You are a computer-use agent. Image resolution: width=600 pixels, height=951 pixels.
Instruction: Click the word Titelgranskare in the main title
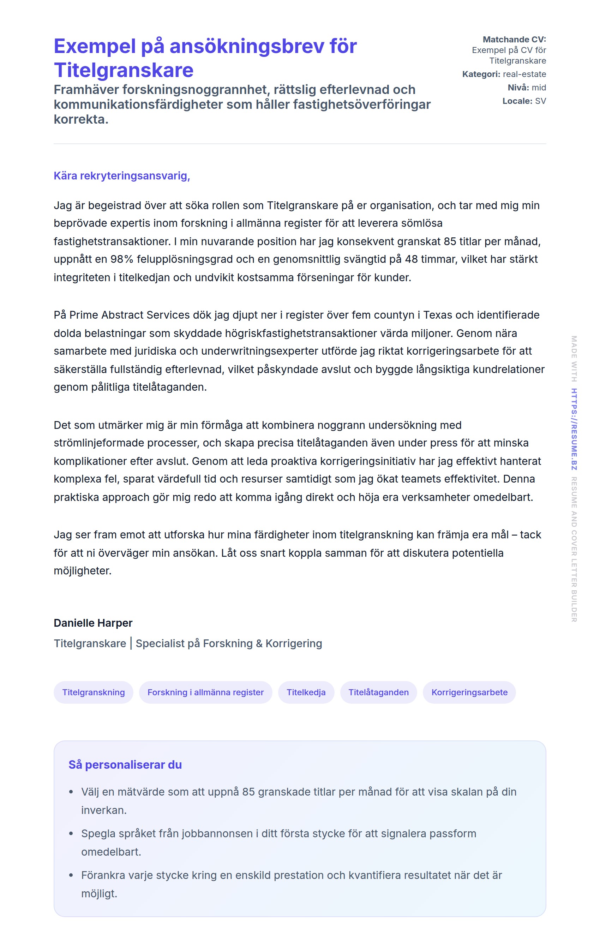[124, 70]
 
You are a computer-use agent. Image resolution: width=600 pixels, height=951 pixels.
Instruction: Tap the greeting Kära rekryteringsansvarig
[121, 176]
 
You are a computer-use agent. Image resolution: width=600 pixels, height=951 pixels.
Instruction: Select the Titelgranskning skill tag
[94, 692]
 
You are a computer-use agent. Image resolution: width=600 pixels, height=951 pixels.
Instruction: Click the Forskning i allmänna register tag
[205, 692]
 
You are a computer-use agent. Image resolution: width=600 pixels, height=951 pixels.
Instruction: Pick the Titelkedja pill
[306, 692]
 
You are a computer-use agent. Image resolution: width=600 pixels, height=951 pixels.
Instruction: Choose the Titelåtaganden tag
[378, 692]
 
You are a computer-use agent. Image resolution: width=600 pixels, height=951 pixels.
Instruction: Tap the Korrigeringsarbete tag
[469, 692]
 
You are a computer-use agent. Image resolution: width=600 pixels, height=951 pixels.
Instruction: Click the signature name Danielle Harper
[93, 623]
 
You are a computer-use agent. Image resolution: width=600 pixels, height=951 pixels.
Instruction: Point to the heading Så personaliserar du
[125, 764]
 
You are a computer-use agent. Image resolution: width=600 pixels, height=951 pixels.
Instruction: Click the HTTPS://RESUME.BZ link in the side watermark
[574, 429]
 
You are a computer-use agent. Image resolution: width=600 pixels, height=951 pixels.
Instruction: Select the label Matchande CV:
[514, 40]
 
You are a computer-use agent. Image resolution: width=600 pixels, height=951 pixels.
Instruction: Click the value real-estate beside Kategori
[524, 74]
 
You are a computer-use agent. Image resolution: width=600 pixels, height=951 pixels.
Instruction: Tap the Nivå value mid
[539, 88]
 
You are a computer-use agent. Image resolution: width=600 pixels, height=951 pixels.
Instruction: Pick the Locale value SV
[540, 101]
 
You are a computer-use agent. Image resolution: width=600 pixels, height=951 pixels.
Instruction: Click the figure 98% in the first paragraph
[122, 259]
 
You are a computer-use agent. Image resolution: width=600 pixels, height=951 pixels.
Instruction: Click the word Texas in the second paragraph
[438, 315]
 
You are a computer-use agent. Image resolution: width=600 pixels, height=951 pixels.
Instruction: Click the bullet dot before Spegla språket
[71, 833]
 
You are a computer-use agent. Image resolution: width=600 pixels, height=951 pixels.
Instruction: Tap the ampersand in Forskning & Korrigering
[259, 643]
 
